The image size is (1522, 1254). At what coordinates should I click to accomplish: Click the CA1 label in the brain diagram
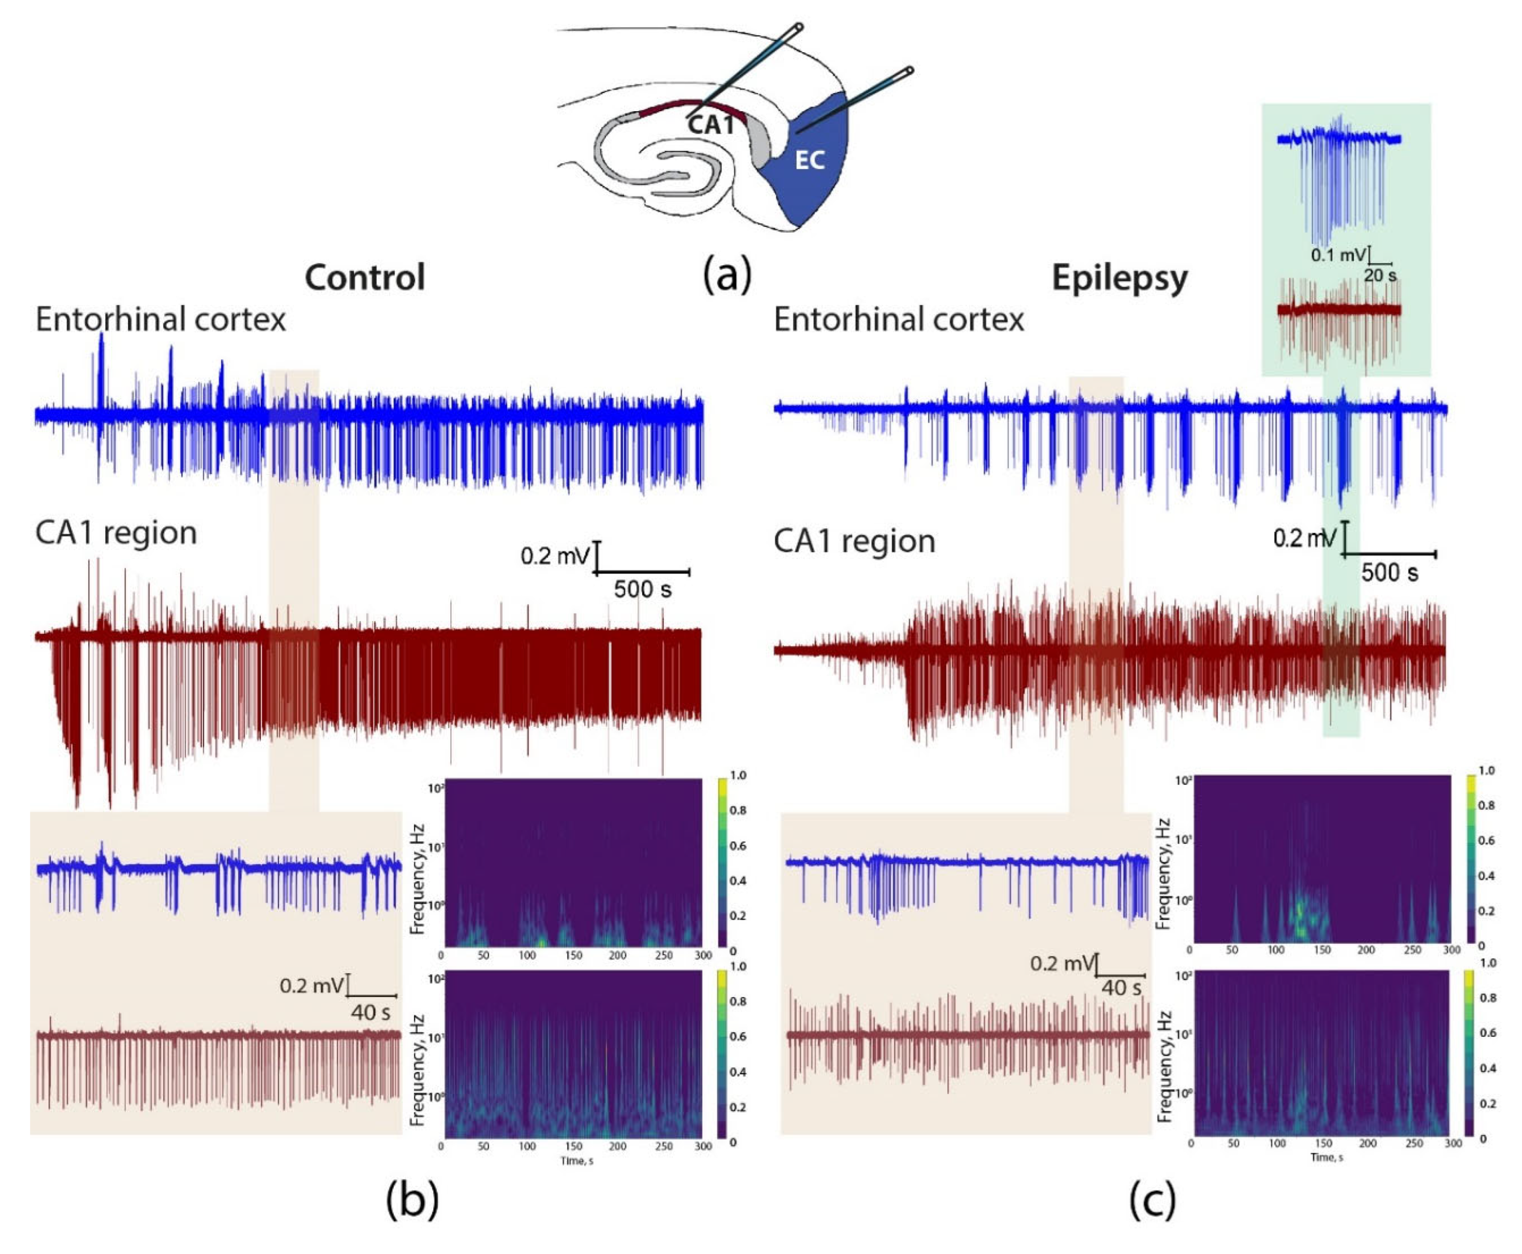click(x=710, y=124)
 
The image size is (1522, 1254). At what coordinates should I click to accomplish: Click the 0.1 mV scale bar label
click(x=1338, y=255)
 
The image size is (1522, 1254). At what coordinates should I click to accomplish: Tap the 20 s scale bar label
click(x=1380, y=275)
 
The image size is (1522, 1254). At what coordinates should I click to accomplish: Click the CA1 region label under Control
click(x=116, y=533)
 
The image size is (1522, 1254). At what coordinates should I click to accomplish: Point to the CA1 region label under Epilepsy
click(x=855, y=541)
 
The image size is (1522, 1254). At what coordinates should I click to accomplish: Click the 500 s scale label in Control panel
click(x=642, y=590)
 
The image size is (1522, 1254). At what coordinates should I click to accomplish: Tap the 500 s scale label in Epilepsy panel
click(x=1389, y=573)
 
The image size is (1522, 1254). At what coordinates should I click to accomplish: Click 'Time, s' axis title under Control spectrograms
click(x=576, y=1161)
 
